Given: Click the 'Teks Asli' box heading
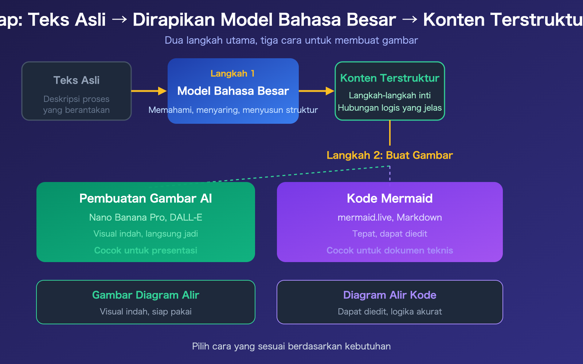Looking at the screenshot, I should [x=77, y=80].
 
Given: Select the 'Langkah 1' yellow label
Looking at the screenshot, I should [x=232, y=74].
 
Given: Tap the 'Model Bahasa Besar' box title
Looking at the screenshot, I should [x=233, y=91].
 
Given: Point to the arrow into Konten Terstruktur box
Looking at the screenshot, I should [x=316, y=91].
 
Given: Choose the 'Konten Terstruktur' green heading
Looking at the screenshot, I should [x=390, y=78].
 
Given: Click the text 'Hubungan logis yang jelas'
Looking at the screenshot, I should [x=390, y=108].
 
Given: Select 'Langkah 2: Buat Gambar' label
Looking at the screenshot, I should [x=390, y=155].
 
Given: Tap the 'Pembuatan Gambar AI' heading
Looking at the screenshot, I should [x=145, y=198].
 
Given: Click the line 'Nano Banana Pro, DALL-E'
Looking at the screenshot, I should [x=145, y=217].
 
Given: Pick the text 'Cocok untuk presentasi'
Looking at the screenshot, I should [x=145, y=250].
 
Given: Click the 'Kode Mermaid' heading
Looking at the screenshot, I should [x=390, y=198].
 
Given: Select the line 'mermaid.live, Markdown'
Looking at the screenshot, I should [x=390, y=217].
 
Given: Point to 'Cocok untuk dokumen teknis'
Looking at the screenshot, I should [x=390, y=250].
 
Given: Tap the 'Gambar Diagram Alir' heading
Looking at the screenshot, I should [x=145, y=295].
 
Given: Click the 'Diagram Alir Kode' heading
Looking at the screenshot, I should [x=390, y=295].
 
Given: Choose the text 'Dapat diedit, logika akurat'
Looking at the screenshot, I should [x=390, y=312].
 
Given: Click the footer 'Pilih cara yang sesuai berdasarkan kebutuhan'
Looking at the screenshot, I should [x=291, y=346].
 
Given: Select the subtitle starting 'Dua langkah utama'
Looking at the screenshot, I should [x=291, y=40].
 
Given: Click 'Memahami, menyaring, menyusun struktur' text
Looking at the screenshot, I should [x=233, y=110].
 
